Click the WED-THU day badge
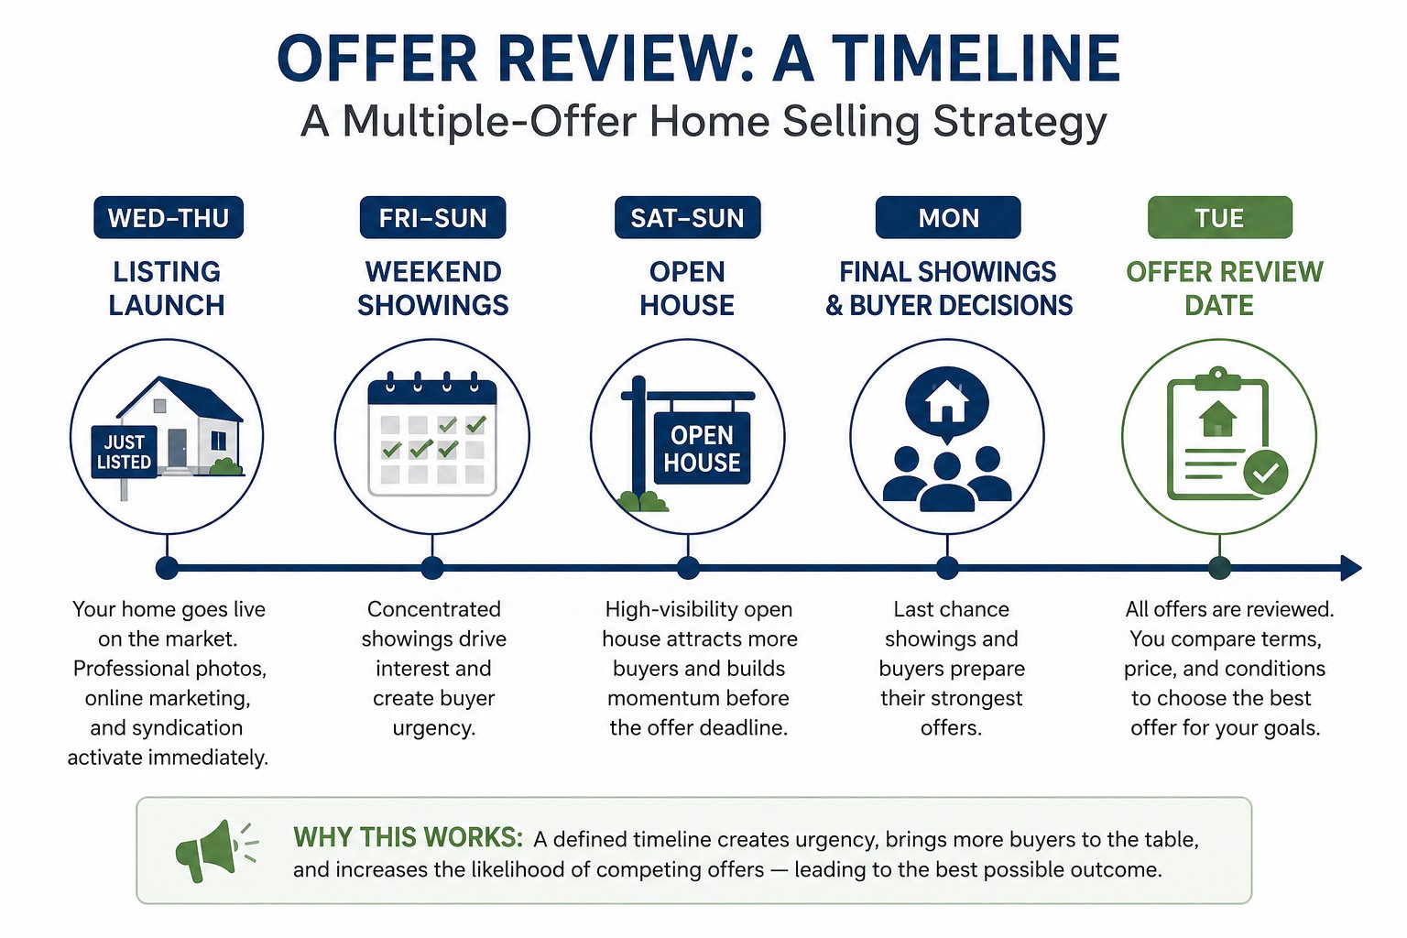(x=169, y=217)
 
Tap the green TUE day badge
(x=1220, y=217)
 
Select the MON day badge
(x=948, y=217)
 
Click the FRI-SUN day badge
(x=432, y=217)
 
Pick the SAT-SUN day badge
(x=687, y=217)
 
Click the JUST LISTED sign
(x=124, y=452)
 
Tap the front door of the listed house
(x=177, y=448)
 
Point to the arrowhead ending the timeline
(x=1350, y=568)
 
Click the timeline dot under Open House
(x=689, y=568)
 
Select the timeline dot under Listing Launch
(x=167, y=568)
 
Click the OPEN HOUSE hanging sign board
(x=703, y=449)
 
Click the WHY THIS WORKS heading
(x=409, y=837)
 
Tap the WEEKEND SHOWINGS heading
(x=432, y=289)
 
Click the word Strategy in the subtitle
(x=1019, y=123)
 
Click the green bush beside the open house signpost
(x=642, y=501)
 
